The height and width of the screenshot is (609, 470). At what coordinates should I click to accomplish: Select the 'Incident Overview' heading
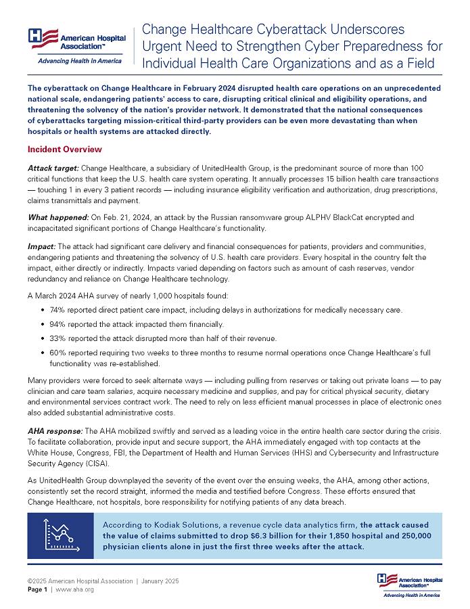pyautogui.click(x=64, y=149)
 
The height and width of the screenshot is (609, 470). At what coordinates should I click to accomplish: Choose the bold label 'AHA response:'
pyautogui.click(x=55, y=431)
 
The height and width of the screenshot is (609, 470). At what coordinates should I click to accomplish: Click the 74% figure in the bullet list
pyautogui.click(x=57, y=309)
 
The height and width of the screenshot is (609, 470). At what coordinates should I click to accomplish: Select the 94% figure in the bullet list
pyautogui.click(x=57, y=323)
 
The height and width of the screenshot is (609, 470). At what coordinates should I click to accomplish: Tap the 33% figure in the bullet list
pyautogui.click(x=57, y=338)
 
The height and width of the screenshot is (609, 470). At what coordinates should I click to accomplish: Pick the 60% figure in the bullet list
pyautogui.click(x=57, y=353)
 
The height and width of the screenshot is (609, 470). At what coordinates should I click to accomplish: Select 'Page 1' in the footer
pyautogui.click(x=37, y=589)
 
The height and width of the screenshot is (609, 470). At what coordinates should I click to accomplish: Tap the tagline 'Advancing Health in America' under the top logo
pyautogui.click(x=80, y=61)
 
